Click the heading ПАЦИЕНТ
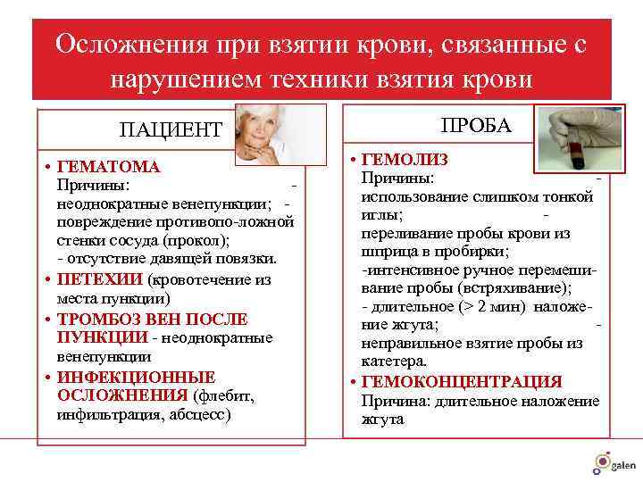[171, 129]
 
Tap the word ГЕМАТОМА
[108, 167]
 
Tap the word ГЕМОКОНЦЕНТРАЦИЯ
[461, 382]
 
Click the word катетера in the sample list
[394, 361]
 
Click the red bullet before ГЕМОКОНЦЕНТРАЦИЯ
[354, 382]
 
